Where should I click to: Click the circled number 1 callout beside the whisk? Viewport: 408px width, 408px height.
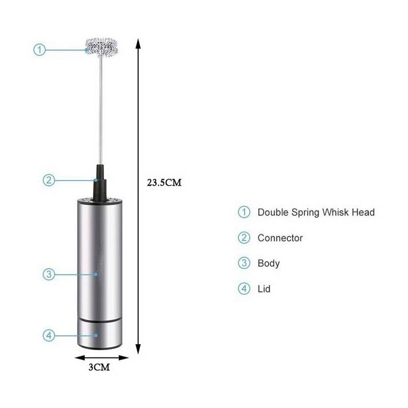pyautogui.click(x=40, y=49)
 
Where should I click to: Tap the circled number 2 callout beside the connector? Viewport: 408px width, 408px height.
pyautogui.click(x=48, y=180)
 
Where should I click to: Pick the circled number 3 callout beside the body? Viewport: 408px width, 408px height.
pyautogui.click(x=48, y=274)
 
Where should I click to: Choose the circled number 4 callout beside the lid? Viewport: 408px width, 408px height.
pyautogui.click(x=48, y=336)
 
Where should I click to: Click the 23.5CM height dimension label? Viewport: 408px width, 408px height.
pyautogui.click(x=164, y=183)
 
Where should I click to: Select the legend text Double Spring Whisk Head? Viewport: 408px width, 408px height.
pyautogui.click(x=316, y=212)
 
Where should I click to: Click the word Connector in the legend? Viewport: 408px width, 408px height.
pyautogui.click(x=280, y=238)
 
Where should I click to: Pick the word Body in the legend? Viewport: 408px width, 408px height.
pyautogui.click(x=268, y=263)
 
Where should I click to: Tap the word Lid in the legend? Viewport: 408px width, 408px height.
pyautogui.click(x=264, y=289)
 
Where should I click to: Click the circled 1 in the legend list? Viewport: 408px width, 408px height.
pyautogui.click(x=244, y=212)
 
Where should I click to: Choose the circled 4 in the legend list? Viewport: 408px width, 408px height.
pyautogui.click(x=244, y=289)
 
